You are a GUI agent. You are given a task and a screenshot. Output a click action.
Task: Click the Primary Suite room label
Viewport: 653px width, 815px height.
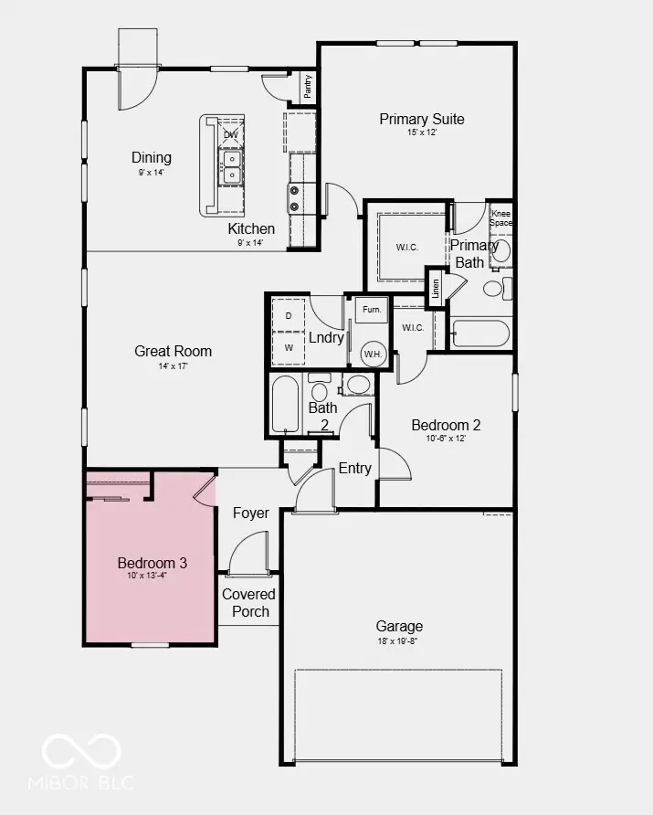click(421, 119)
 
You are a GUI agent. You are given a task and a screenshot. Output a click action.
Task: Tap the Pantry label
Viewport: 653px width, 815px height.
click(308, 86)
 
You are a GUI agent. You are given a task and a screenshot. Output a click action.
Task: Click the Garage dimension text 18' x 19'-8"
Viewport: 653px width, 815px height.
click(399, 641)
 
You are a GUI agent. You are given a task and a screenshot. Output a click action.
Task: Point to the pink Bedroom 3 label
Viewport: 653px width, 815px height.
click(151, 562)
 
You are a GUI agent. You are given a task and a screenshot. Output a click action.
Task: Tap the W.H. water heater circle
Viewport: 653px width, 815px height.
click(373, 353)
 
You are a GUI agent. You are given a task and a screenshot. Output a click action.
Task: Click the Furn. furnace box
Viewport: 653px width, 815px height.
click(371, 311)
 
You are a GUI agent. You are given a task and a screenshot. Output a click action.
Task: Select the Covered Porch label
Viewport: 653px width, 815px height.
click(249, 602)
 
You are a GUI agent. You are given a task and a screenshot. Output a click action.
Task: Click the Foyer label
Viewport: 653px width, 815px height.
click(250, 513)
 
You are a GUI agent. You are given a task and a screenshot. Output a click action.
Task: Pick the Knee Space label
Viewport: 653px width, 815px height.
click(501, 217)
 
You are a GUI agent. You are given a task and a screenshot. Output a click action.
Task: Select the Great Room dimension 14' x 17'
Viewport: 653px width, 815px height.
click(173, 365)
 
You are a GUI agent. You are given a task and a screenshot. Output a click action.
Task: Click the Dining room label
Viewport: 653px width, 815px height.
click(151, 157)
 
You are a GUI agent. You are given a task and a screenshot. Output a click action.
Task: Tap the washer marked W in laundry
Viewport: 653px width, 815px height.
click(289, 348)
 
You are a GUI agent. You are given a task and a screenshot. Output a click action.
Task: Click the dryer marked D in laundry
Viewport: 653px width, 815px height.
click(289, 315)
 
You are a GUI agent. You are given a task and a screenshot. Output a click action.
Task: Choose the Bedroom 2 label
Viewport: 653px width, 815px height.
click(445, 425)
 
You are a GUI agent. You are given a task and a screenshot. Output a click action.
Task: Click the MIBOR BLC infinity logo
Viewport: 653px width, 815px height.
click(82, 751)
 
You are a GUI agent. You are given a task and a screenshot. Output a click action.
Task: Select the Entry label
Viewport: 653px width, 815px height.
click(355, 468)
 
